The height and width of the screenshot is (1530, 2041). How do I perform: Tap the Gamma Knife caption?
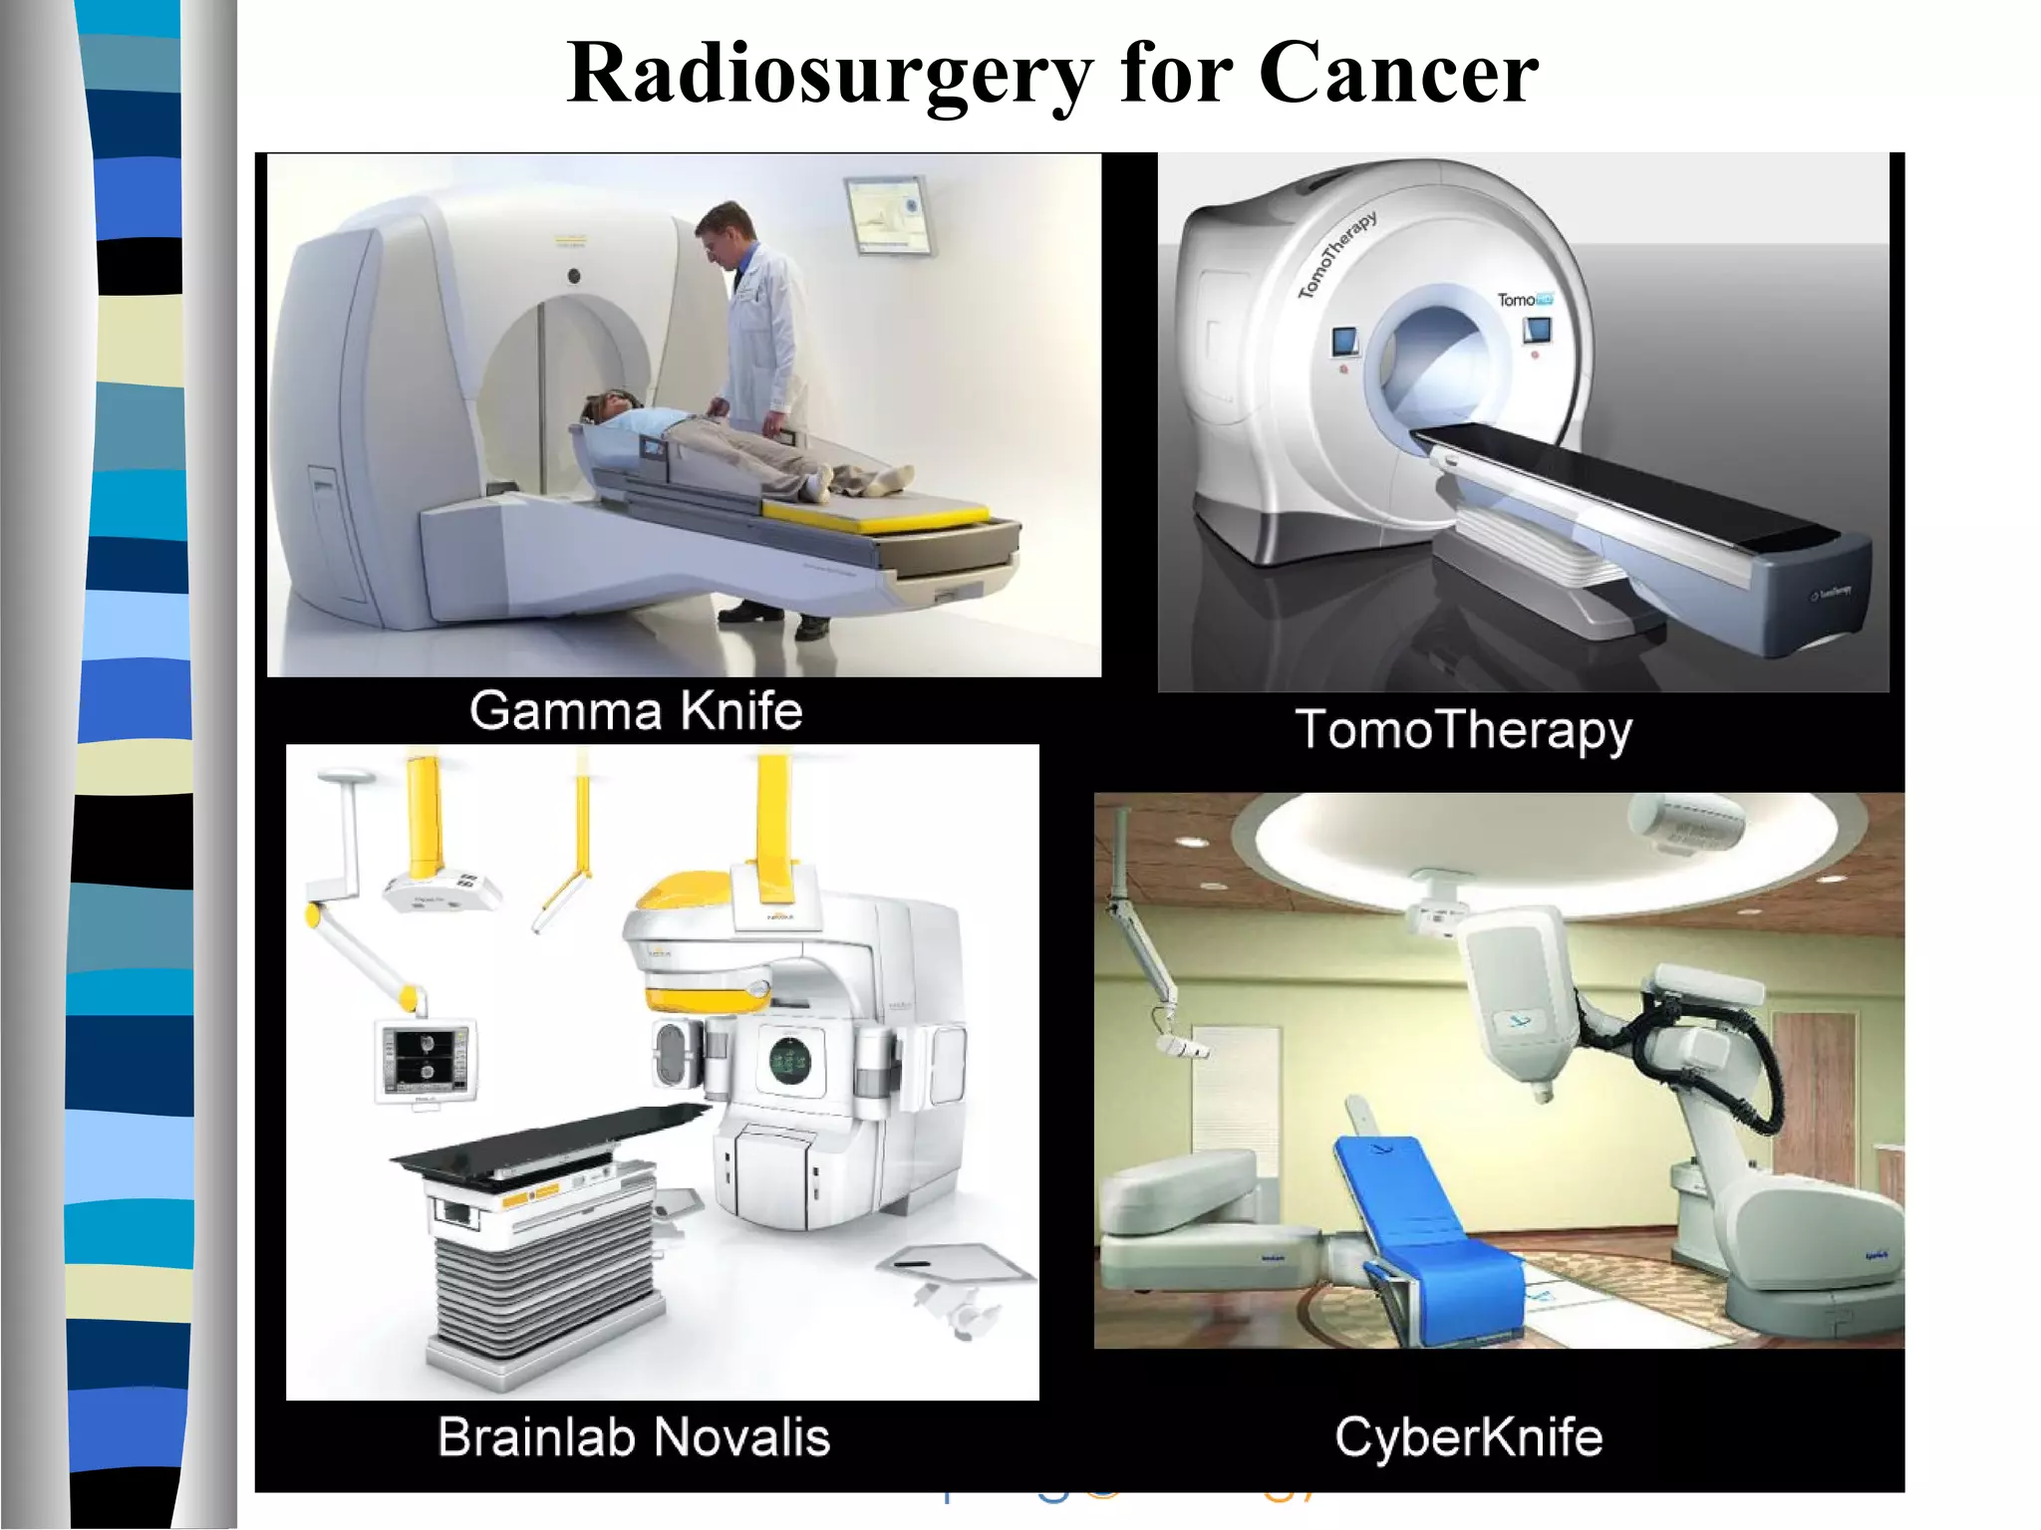(x=636, y=711)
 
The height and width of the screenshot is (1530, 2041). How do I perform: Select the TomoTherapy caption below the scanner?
(x=1463, y=730)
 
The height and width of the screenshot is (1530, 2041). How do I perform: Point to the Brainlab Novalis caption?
(x=634, y=1437)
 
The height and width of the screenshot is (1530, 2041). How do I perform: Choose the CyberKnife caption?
(x=1468, y=1437)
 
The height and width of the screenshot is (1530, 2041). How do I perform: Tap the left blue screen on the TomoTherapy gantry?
(x=1346, y=342)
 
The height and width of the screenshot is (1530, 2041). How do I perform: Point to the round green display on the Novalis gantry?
(x=790, y=1061)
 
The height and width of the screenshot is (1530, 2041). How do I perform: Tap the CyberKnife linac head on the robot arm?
(x=1515, y=996)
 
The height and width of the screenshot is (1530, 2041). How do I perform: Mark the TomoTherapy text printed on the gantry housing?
(x=1338, y=255)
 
